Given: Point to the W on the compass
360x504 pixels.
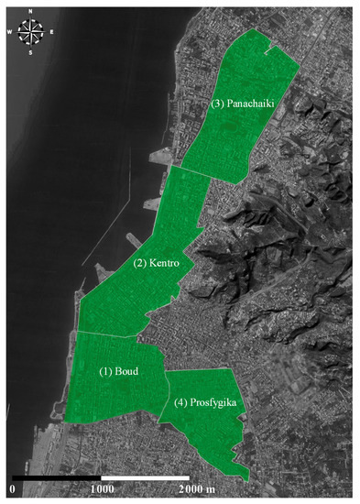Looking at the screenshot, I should click(11, 33).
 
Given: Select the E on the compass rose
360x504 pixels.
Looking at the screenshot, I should click(51, 33).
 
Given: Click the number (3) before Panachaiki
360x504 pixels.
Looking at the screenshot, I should click(216, 104).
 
